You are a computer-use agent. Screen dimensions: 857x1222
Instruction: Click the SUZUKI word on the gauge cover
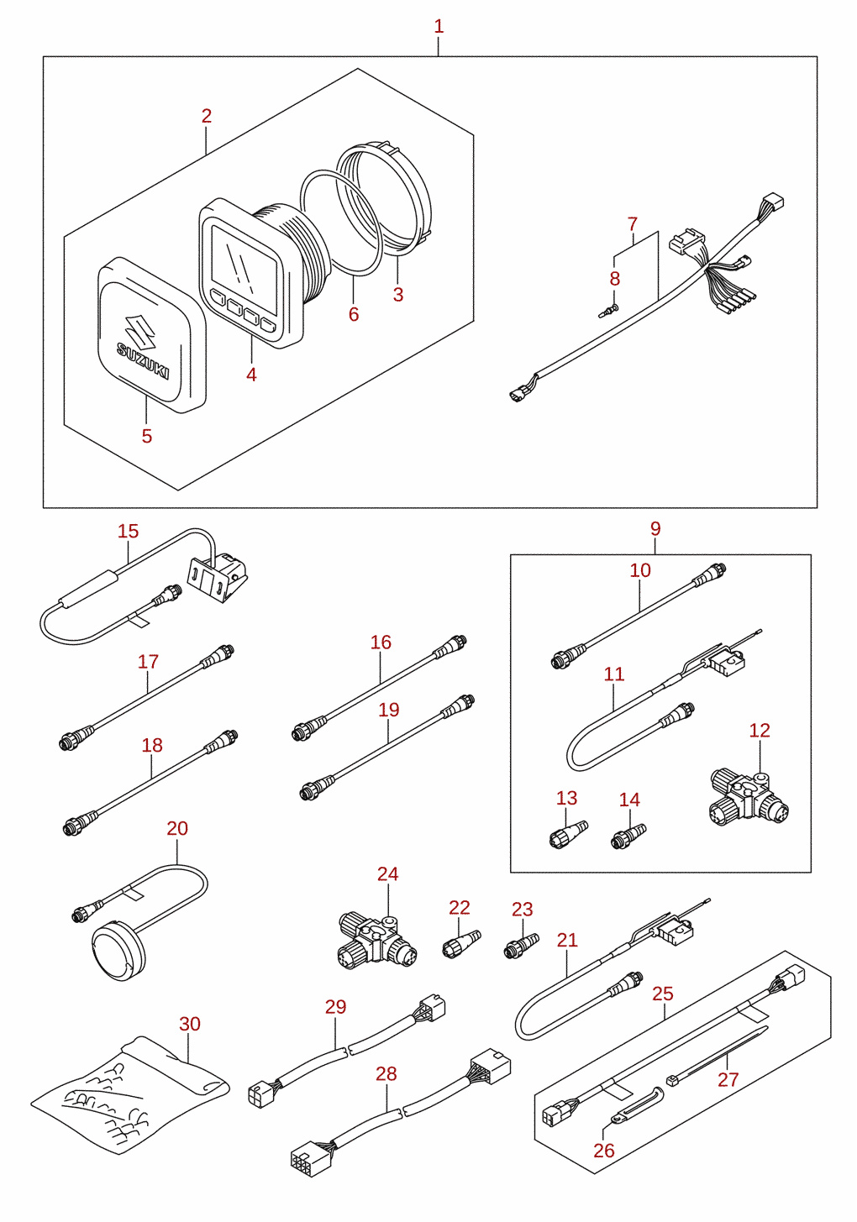(143, 360)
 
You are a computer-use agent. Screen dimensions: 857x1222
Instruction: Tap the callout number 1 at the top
(439, 26)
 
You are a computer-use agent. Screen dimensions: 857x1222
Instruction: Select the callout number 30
(189, 1024)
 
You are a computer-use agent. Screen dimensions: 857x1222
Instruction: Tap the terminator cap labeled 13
(568, 835)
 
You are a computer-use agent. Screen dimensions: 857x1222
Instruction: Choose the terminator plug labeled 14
(628, 837)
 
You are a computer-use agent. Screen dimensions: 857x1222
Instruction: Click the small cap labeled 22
(461, 945)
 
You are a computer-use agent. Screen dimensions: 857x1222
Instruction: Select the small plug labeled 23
(521, 947)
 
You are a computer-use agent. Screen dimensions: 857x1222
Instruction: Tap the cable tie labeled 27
(717, 1054)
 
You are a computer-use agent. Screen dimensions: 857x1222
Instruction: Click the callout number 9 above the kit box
(655, 528)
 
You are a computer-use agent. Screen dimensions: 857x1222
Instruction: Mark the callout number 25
(663, 994)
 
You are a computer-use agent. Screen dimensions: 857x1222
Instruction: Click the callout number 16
(381, 642)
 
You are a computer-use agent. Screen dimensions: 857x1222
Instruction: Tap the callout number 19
(389, 710)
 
